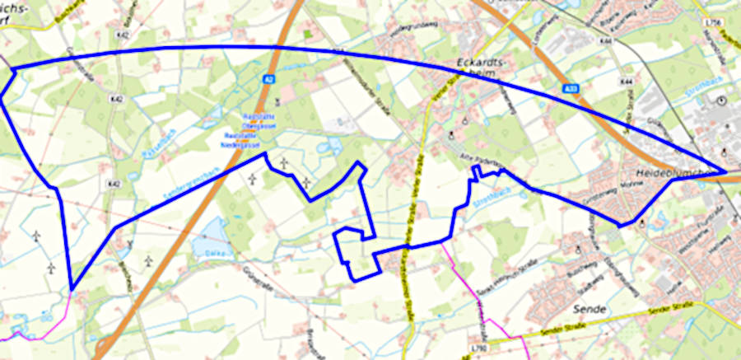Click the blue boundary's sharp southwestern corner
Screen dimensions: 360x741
(x=72, y=289)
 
